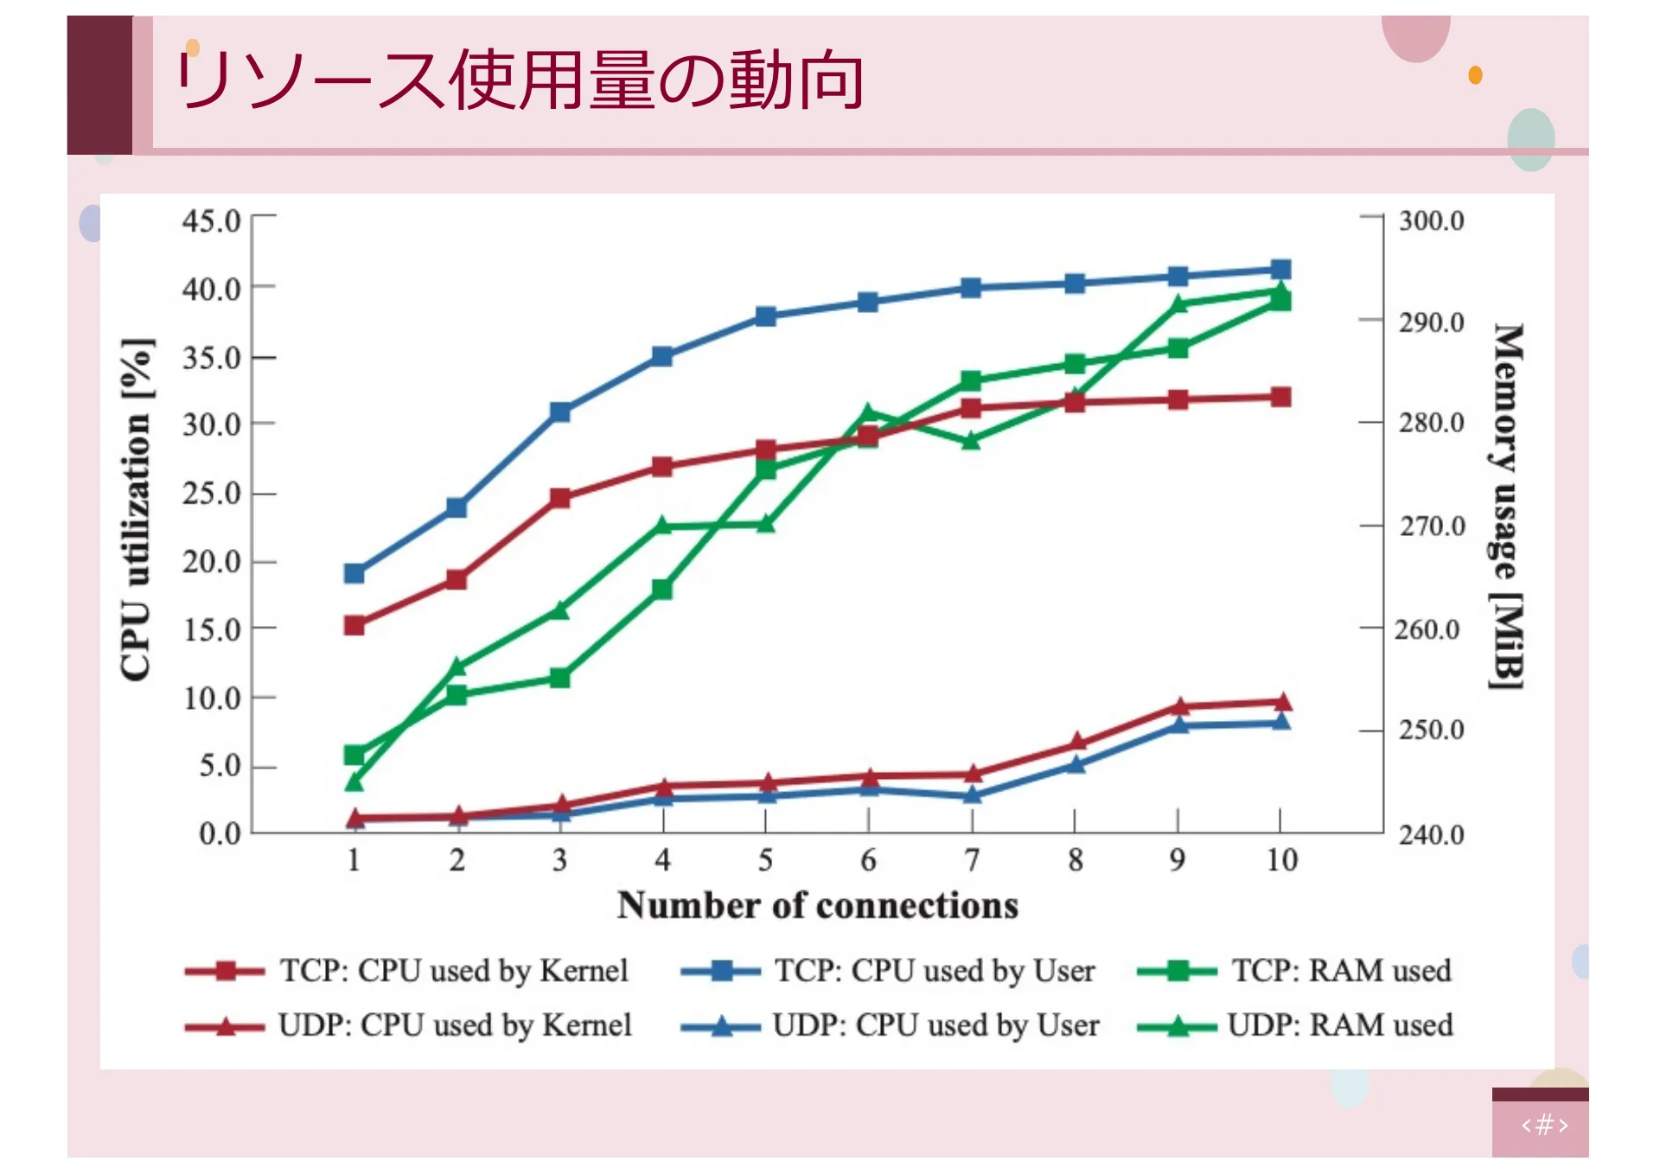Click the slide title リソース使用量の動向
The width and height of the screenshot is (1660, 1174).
(x=519, y=80)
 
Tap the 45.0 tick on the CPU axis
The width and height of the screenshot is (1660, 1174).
(x=212, y=220)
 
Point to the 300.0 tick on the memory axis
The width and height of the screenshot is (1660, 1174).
(x=1431, y=220)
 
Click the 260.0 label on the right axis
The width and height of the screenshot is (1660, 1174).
(x=1427, y=629)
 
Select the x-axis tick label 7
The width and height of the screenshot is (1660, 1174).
(x=972, y=859)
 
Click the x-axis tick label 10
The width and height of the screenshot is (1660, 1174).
(x=1281, y=859)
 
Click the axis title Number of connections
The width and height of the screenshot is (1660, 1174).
(x=817, y=905)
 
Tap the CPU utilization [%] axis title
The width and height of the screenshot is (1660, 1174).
(x=137, y=510)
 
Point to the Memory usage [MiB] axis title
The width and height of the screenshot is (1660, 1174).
(x=1507, y=506)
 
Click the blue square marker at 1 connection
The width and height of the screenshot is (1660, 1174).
(x=354, y=573)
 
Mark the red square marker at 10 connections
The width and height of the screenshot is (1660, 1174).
(x=1281, y=397)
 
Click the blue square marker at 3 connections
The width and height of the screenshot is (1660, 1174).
(x=560, y=412)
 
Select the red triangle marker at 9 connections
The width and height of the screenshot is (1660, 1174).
(x=1178, y=706)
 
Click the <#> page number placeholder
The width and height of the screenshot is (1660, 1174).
(x=1544, y=1125)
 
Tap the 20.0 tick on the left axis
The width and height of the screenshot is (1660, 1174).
(x=212, y=562)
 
